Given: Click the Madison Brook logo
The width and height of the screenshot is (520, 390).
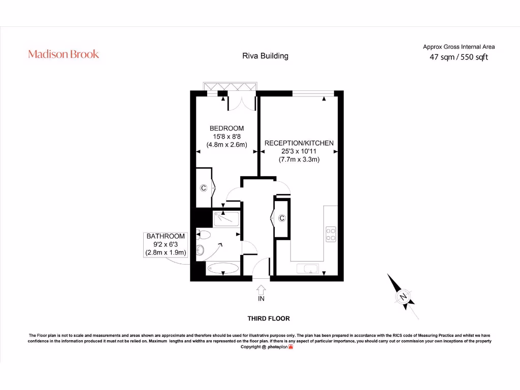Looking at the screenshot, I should tap(63, 54).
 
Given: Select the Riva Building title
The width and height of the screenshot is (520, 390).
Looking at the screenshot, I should tap(265, 56).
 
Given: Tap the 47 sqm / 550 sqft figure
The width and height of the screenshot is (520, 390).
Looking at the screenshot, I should tap(459, 57).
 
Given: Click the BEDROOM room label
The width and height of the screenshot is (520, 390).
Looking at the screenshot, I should tap(226, 128).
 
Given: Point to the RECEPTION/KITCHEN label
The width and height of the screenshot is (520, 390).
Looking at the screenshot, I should tap(299, 143).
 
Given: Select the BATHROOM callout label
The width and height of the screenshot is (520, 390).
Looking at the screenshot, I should tap(166, 237).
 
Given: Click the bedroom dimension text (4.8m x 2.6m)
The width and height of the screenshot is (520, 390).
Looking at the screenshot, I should tap(226, 145).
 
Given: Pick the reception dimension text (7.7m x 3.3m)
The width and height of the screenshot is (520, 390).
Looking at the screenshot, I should tap(299, 159).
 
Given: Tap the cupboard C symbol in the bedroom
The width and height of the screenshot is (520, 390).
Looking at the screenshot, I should tap(203, 188).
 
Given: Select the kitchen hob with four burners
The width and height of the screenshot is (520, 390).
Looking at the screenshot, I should tap(331, 233).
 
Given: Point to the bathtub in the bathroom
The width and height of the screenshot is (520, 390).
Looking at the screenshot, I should tap(223, 269).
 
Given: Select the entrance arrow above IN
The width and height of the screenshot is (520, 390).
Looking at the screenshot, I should tap(261, 289).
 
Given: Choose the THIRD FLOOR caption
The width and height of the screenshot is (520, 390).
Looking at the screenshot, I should tap(268, 318).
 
